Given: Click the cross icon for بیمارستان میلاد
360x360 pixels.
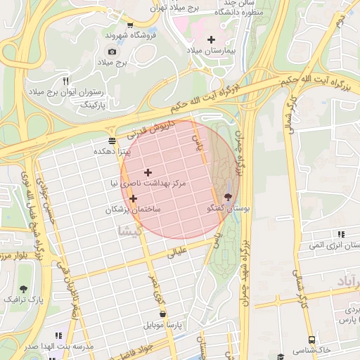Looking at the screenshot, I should [212, 39].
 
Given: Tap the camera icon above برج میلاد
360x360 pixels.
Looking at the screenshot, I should [112, 51].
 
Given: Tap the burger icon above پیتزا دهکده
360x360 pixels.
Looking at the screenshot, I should [112, 139].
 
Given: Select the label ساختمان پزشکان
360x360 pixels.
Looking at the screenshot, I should [133, 210].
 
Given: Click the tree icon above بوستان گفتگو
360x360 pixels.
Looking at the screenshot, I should [227, 198].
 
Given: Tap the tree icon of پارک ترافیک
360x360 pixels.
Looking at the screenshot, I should [24, 289].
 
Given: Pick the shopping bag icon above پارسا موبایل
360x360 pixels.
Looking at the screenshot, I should [163, 314].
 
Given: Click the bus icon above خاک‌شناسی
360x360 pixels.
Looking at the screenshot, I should [281, 356].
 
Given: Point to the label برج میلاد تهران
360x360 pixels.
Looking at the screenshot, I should [186, 7].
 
